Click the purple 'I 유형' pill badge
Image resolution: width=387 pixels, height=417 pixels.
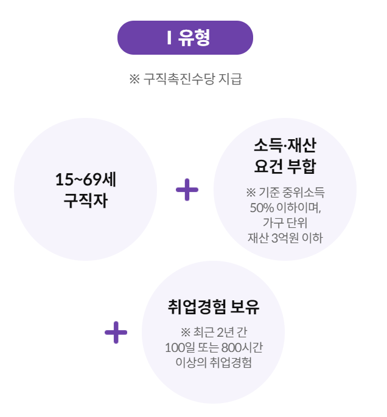point(185,38)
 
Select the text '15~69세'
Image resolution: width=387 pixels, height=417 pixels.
point(86,180)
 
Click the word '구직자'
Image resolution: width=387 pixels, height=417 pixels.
point(86,201)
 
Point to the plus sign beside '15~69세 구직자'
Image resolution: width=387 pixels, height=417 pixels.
point(187,190)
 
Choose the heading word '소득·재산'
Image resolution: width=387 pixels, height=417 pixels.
point(285,146)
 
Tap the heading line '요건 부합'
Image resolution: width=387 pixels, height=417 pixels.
point(285,166)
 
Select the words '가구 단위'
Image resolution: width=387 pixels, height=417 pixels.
point(285,222)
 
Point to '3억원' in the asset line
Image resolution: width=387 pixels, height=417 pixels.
point(285,237)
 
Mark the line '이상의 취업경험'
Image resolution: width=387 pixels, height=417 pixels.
point(214,363)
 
